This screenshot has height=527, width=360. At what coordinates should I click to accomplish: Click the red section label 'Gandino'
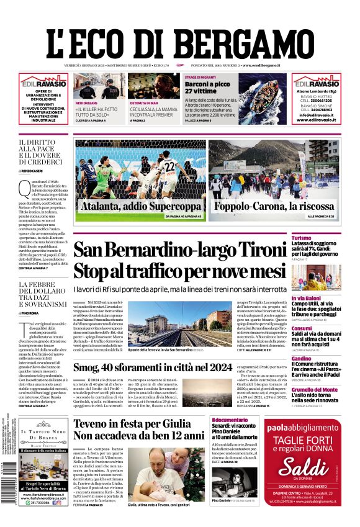pos(301,358)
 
